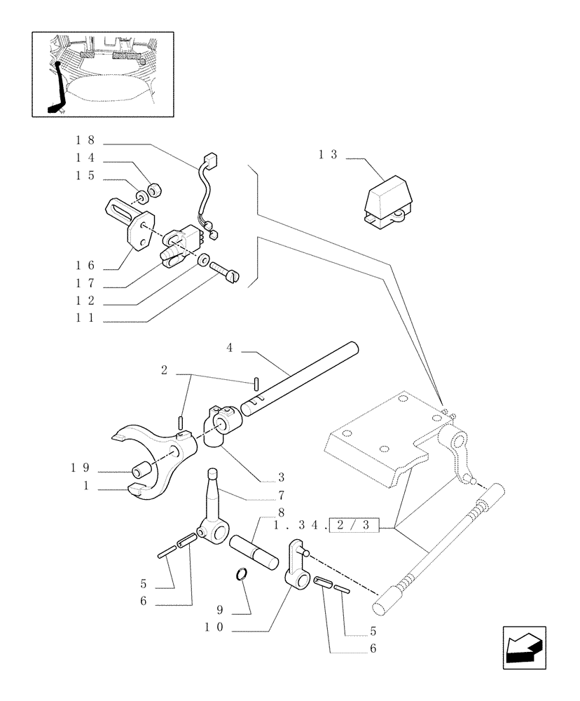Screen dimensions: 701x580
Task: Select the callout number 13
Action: (x=328, y=155)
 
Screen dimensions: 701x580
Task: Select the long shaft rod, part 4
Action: (x=301, y=378)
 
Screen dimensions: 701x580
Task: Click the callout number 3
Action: (x=281, y=477)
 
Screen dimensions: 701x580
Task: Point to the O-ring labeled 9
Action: (x=241, y=575)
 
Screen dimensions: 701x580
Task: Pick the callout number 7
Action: (x=280, y=497)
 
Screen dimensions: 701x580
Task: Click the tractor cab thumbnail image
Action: (x=102, y=74)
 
